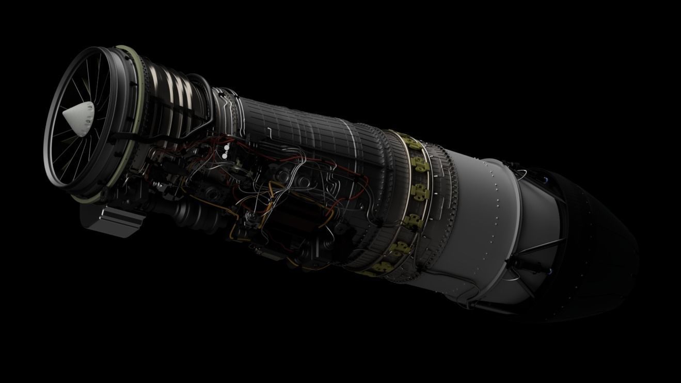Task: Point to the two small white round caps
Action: coord(226,151)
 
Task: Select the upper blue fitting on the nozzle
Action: coord(545,179)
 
